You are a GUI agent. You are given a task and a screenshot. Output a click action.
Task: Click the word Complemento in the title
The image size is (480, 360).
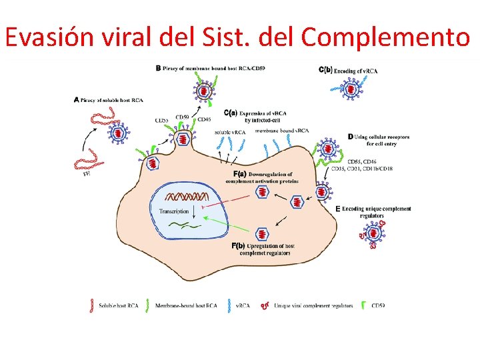pos(385,38)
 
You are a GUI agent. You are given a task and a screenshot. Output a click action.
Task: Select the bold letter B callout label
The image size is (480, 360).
pos(158,68)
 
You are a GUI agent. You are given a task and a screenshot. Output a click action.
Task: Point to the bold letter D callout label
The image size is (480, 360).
pos(351,137)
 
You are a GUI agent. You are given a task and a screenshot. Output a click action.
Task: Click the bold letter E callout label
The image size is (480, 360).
pos(338,209)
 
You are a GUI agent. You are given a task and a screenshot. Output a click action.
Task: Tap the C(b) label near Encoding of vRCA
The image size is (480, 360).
pos(325,70)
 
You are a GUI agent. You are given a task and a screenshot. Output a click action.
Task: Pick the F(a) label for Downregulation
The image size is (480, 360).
pos(237,174)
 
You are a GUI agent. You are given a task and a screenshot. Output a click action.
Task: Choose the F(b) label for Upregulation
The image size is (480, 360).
pos(238,246)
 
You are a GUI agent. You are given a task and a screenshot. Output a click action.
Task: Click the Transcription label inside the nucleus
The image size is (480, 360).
pos(174,211)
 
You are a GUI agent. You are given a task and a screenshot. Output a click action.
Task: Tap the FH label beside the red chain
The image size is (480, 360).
pos(87,175)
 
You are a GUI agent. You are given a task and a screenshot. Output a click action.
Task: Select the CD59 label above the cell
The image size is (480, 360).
pos(182,117)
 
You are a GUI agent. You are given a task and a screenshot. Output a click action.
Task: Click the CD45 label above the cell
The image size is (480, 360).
pos(204,119)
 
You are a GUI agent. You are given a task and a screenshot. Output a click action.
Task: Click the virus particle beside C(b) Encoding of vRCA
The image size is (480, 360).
pos(349,87)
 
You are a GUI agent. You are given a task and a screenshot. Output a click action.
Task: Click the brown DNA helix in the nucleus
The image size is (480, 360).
pos(189,197)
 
